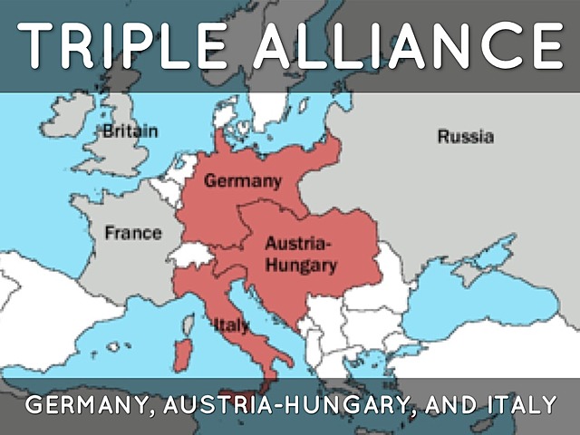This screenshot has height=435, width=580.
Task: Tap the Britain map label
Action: pyautogui.click(x=130, y=131)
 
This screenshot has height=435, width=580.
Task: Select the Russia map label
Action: pyautogui.click(x=465, y=137)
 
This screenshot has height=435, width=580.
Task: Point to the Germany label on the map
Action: pyautogui.click(x=242, y=180)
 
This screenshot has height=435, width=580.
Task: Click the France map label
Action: pyautogui.click(x=132, y=232)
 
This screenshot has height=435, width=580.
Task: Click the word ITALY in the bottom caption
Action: pyautogui.click(x=513, y=404)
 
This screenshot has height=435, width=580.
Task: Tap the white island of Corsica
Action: pyautogui.click(x=186, y=324)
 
